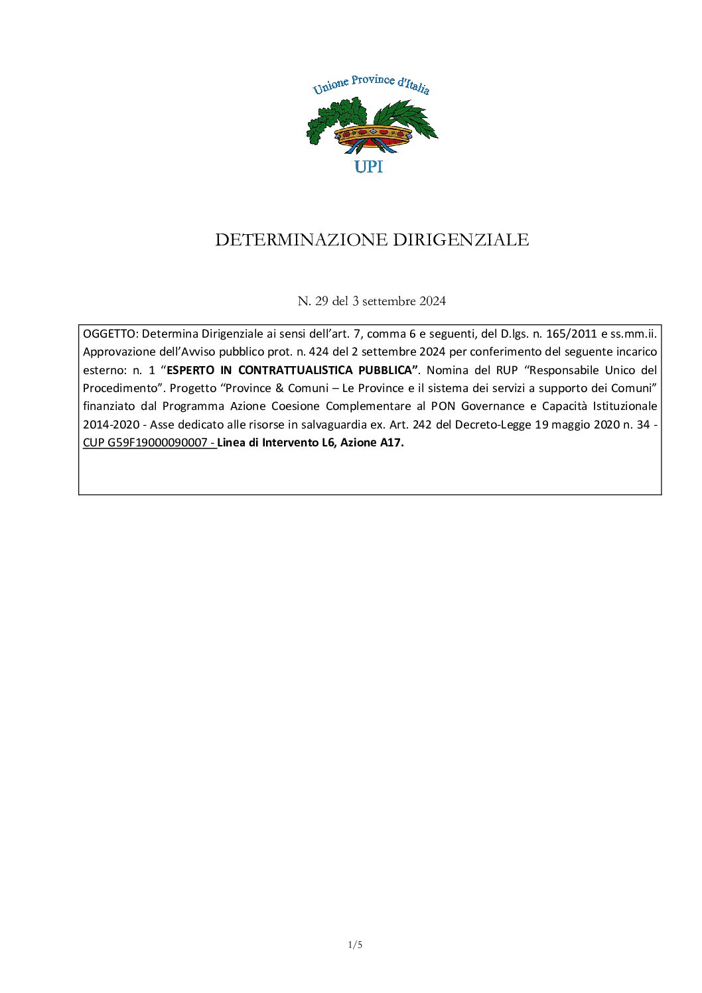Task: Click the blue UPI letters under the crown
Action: point(368,167)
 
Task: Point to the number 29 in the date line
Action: point(322,301)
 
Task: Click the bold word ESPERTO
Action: point(190,369)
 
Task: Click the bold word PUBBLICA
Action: point(386,369)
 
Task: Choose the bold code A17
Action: point(390,442)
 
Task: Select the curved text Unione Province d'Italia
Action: point(371,86)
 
